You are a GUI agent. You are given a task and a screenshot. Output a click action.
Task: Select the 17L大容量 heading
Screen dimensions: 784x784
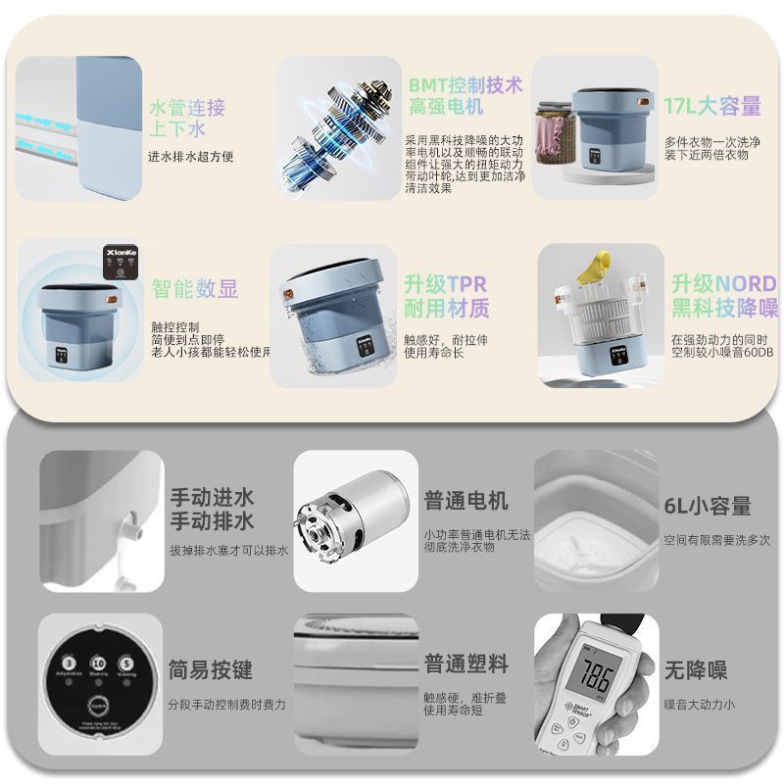coord(711,106)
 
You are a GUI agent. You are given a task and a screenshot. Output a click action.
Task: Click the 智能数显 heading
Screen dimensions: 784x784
coord(194,288)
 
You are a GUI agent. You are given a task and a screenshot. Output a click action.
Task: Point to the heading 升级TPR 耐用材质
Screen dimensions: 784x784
coord(446,296)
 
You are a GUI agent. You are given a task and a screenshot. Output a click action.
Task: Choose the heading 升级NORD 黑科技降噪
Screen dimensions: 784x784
coord(724,296)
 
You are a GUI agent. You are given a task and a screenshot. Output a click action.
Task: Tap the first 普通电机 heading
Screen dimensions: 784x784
coord(465,501)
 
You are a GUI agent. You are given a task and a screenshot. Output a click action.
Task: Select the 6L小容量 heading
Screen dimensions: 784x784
coord(708,506)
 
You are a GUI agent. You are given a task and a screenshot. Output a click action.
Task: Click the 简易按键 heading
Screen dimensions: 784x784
coord(210,670)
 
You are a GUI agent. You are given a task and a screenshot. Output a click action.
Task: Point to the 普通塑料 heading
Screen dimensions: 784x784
coord(465,663)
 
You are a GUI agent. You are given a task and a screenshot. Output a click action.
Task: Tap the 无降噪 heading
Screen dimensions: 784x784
coord(695,670)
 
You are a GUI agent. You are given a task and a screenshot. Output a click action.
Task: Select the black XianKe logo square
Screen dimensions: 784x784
coord(120,257)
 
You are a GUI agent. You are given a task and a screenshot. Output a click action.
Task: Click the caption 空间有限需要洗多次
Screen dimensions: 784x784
coord(716,540)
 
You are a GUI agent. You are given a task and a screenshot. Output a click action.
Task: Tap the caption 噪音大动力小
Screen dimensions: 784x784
coord(699,704)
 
